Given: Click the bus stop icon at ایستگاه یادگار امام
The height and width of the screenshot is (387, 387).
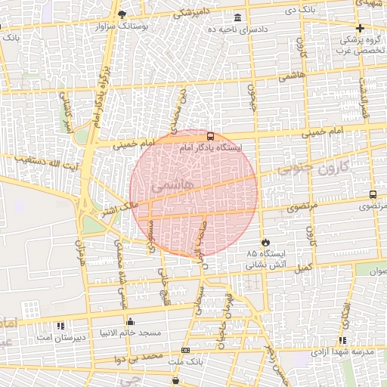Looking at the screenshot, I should [x=210, y=137].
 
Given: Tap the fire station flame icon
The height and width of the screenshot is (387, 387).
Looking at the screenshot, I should [x=265, y=242].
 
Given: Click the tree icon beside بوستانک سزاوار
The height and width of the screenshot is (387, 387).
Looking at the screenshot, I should [x=122, y=14].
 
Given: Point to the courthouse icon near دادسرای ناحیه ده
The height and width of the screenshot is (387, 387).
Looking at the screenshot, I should [x=238, y=17].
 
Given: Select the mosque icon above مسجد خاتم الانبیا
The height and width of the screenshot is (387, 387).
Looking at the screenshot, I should [x=131, y=320].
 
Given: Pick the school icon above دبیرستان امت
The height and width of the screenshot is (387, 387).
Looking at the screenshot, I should [x=60, y=327].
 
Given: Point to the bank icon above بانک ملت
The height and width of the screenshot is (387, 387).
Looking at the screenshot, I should [x=186, y=351].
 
